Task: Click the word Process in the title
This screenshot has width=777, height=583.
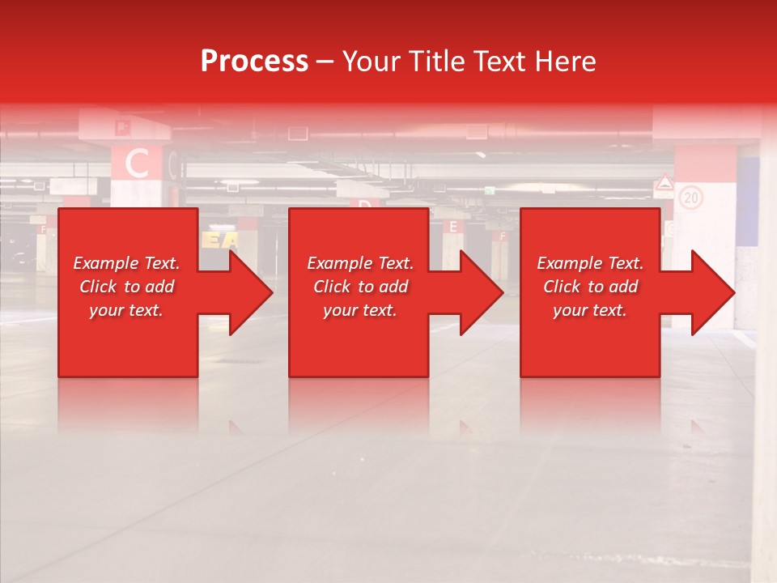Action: point(254,62)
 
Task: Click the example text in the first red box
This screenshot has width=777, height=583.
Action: point(126,287)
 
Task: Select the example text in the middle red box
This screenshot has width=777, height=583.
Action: point(360,287)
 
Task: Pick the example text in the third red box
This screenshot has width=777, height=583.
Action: point(590,287)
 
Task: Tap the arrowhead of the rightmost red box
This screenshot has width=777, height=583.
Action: point(712,292)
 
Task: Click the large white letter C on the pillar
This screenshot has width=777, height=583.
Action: point(137,164)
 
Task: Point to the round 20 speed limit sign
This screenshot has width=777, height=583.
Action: point(690,197)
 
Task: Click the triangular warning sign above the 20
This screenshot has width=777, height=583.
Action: point(664,183)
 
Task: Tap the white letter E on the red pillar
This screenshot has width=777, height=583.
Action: point(452,228)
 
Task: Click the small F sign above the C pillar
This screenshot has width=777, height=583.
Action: point(122,126)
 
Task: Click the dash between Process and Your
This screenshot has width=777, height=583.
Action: point(325,62)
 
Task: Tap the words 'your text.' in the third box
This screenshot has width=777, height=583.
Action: point(590,310)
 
